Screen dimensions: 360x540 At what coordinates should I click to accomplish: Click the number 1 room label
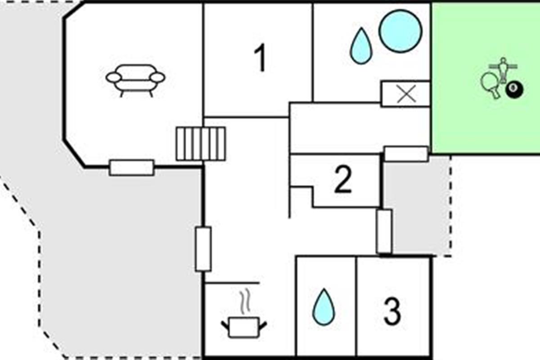coord(260,59)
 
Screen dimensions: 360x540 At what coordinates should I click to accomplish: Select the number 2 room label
coord(343,180)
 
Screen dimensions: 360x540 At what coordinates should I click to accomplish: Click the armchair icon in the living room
coord(135,80)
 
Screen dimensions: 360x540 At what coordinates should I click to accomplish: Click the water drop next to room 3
coord(324,307)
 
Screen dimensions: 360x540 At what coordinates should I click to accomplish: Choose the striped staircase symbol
coord(200,144)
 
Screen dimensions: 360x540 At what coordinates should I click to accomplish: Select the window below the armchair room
coord(132,168)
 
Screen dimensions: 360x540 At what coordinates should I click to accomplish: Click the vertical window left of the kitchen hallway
coord(203,249)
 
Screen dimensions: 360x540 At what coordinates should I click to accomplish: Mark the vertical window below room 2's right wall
coord(384,231)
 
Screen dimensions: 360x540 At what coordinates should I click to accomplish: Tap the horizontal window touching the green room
coord(406,154)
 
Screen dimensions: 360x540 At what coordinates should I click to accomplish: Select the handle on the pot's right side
coord(263,323)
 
